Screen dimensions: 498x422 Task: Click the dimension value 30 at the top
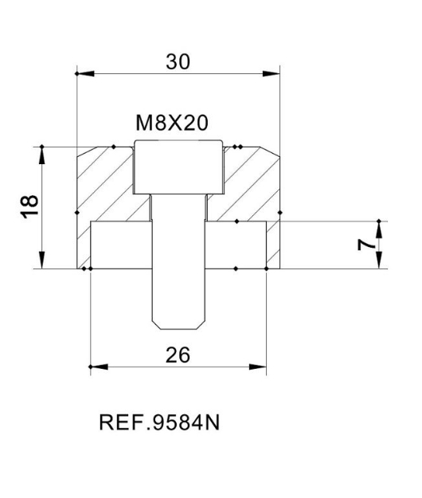(x=178, y=61)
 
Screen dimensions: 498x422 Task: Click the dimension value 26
(x=178, y=355)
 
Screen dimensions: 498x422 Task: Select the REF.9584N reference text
(x=158, y=422)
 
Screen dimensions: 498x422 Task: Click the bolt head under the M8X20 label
(x=178, y=167)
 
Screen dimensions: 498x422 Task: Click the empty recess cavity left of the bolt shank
(x=120, y=245)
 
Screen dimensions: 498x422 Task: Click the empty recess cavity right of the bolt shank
(x=236, y=245)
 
